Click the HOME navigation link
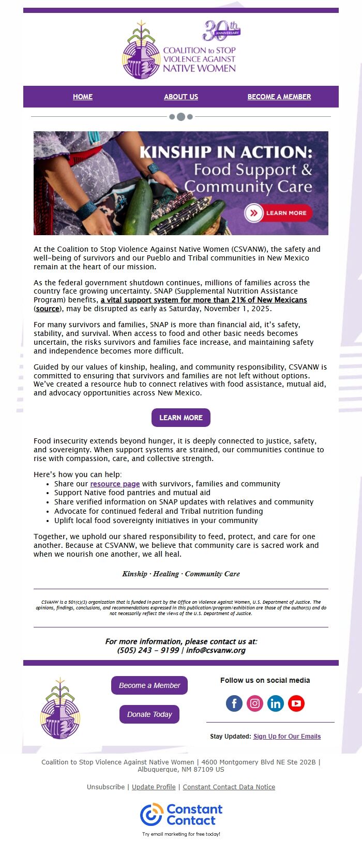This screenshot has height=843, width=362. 83,97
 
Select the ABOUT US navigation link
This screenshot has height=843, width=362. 181,97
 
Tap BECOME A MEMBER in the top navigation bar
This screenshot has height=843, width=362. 279,97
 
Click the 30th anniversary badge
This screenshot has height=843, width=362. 221,31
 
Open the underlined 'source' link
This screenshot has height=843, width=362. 48,309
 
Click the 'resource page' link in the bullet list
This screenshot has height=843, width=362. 115,484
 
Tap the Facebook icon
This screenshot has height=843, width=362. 234,703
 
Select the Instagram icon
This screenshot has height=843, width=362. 255,703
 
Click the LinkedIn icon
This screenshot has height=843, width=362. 276,703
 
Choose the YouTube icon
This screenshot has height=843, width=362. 296,703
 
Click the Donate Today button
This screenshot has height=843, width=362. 149,714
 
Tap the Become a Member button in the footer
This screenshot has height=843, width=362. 149,685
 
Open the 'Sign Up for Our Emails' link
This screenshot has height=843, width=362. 287,737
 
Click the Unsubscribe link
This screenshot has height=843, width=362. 105,787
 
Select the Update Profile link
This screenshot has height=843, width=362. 154,787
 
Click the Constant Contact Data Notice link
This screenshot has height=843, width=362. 229,787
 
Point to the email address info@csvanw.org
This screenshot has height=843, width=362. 216,650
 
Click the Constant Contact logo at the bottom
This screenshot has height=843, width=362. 181,815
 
